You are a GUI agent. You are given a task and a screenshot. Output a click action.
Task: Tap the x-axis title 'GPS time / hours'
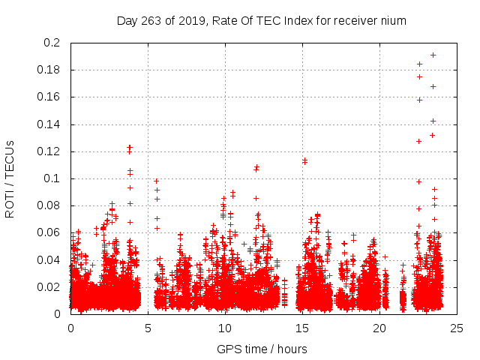point(262,349)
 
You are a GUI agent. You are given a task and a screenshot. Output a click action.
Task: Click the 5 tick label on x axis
point(148,328)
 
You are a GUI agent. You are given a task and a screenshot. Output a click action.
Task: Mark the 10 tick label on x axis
point(225,328)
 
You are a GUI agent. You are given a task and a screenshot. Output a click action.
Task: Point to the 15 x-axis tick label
point(302,328)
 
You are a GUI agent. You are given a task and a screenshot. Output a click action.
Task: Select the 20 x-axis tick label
point(379,328)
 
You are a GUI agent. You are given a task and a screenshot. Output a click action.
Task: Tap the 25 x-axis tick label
point(457,328)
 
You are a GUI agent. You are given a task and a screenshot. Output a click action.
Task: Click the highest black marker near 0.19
point(433,55)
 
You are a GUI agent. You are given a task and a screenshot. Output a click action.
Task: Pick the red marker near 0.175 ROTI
point(419,76)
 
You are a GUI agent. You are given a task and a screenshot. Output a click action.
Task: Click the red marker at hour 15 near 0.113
point(304,160)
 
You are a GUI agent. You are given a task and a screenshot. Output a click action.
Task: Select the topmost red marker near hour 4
point(130,147)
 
